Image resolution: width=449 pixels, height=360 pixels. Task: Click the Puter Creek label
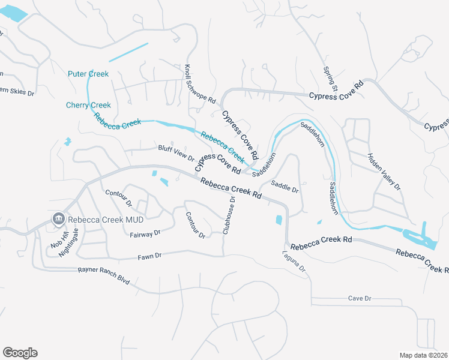[x=88, y=74]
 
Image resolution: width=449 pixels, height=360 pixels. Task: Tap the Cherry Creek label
[x=88, y=106]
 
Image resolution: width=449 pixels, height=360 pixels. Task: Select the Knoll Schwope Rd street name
[x=200, y=85]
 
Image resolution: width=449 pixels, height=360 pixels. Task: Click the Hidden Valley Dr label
[x=384, y=172]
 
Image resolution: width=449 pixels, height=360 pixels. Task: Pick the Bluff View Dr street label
[x=176, y=154]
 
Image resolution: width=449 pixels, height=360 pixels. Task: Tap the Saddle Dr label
[x=285, y=186]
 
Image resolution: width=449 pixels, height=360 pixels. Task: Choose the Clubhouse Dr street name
[x=229, y=215]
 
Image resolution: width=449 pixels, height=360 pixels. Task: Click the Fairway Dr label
[x=145, y=233]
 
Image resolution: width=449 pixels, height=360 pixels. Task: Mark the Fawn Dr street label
[x=150, y=256]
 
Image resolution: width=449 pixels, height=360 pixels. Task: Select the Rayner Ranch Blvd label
[x=103, y=275]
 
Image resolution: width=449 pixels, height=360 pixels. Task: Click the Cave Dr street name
[x=360, y=298]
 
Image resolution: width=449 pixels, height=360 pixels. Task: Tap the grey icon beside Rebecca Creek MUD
[x=59, y=218]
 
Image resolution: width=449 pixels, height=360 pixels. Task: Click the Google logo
[x=20, y=353]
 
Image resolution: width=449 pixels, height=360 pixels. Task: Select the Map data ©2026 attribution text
[x=423, y=355]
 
